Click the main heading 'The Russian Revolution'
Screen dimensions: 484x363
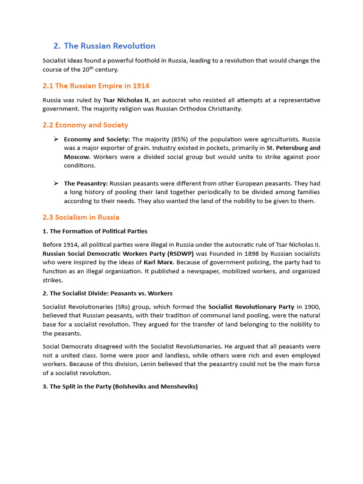pos(109,46)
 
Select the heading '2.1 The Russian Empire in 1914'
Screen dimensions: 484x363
pos(96,86)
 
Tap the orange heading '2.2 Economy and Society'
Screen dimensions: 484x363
pos(86,125)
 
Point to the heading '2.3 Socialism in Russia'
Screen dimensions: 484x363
pos(81,217)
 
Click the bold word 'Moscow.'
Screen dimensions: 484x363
pos(78,157)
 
